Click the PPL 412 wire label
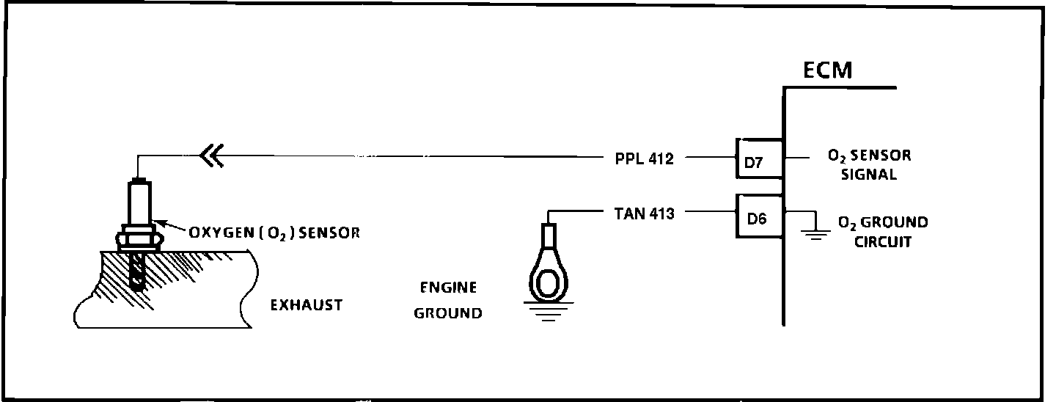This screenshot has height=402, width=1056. point(643,158)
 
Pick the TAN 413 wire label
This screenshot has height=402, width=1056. point(644,214)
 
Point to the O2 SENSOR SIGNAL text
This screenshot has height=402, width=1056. point(869,165)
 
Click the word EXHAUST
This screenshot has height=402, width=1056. point(307,304)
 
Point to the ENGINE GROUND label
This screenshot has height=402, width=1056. point(448,300)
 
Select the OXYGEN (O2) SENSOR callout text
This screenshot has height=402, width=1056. point(274,233)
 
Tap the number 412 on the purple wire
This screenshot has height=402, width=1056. point(658,158)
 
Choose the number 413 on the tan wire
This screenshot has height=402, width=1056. point(659,214)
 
